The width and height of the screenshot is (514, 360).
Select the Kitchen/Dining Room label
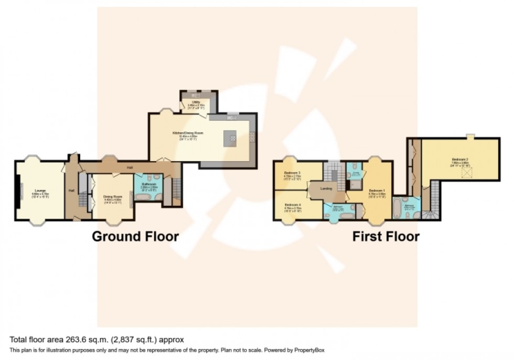[188, 133]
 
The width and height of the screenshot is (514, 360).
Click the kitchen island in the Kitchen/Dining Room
[229, 137]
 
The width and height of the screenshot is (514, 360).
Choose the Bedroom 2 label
[460, 160]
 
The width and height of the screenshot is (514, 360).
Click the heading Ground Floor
[135, 237]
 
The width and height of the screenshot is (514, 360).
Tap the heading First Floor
[385, 237]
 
